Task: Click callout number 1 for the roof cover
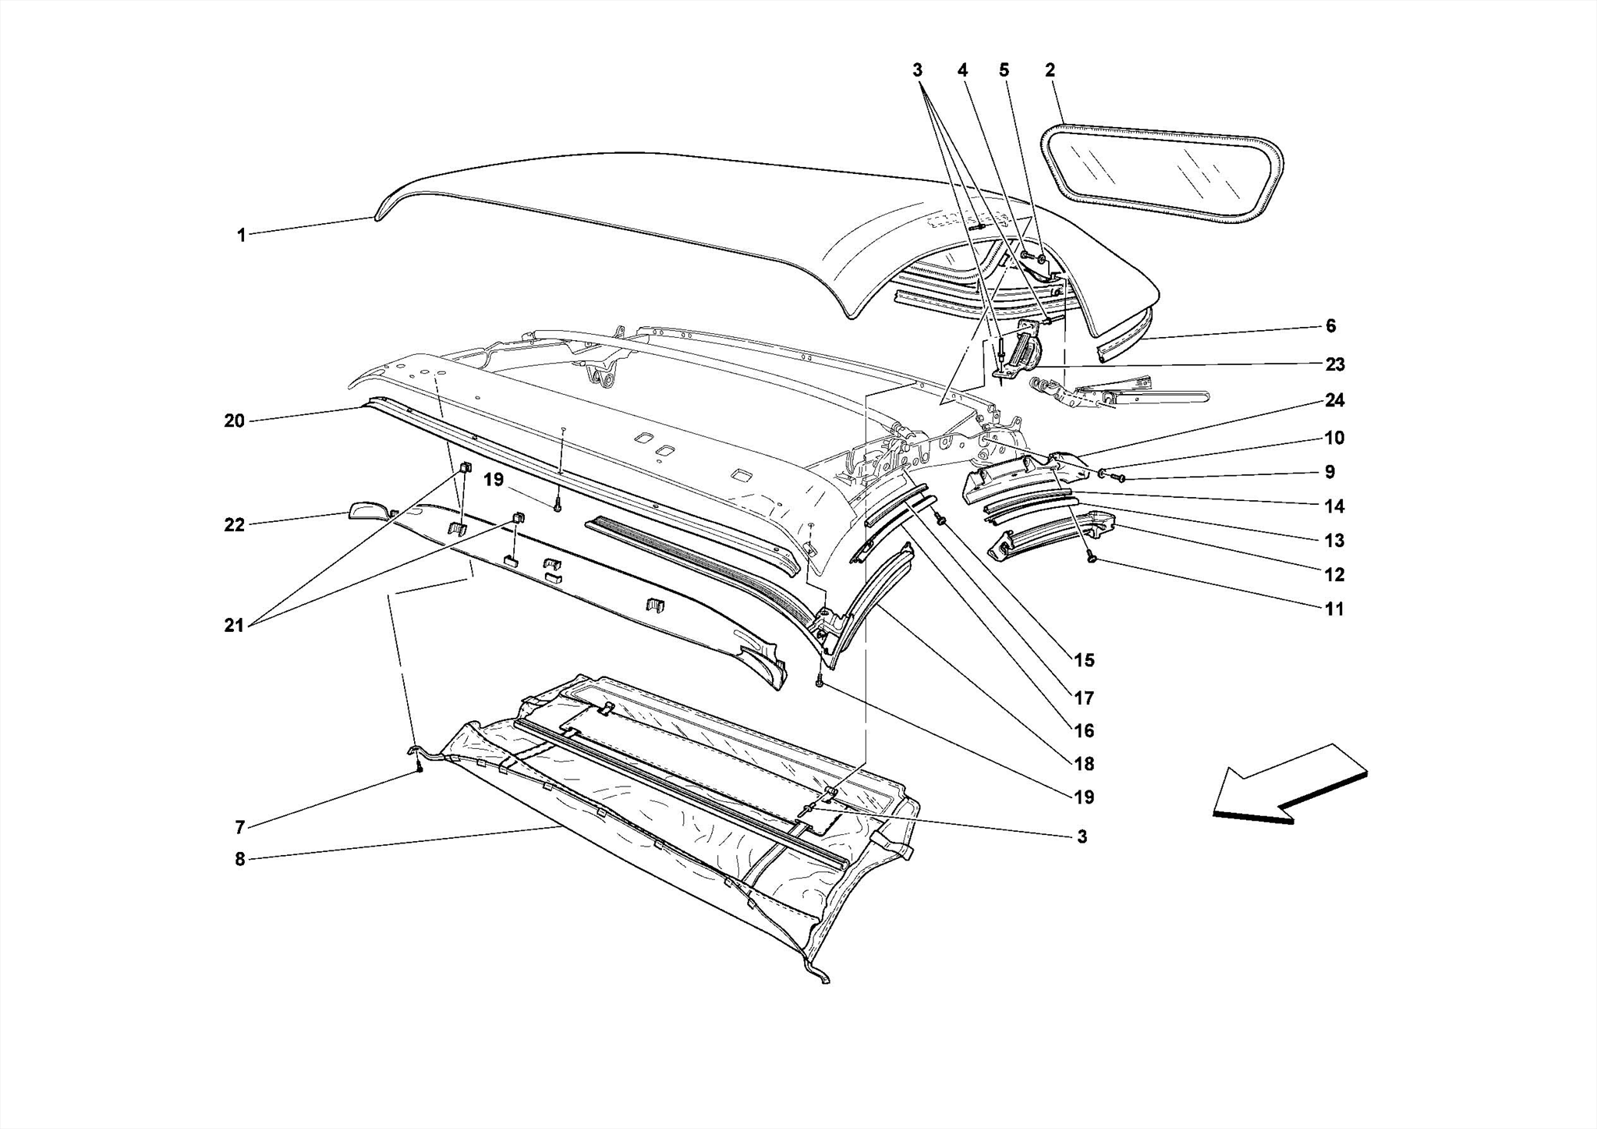click(242, 235)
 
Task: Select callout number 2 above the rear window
click(1050, 70)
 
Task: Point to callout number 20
click(234, 421)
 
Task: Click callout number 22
click(234, 525)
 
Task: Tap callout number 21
click(234, 625)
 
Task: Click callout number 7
click(240, 827)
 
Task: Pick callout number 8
click(240, 859)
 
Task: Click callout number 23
click(1334, 364)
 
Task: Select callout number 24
click(1334, 400)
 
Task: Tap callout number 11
click(1334, 609)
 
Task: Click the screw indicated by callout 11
click(1092, 559)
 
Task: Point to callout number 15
click(1084, 661)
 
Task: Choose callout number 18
click(1084, 764)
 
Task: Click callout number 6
click(1330, 325)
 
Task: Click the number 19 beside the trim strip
click(493, 479)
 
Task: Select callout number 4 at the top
click(963, 70)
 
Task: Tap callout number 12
click(1334, 575)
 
